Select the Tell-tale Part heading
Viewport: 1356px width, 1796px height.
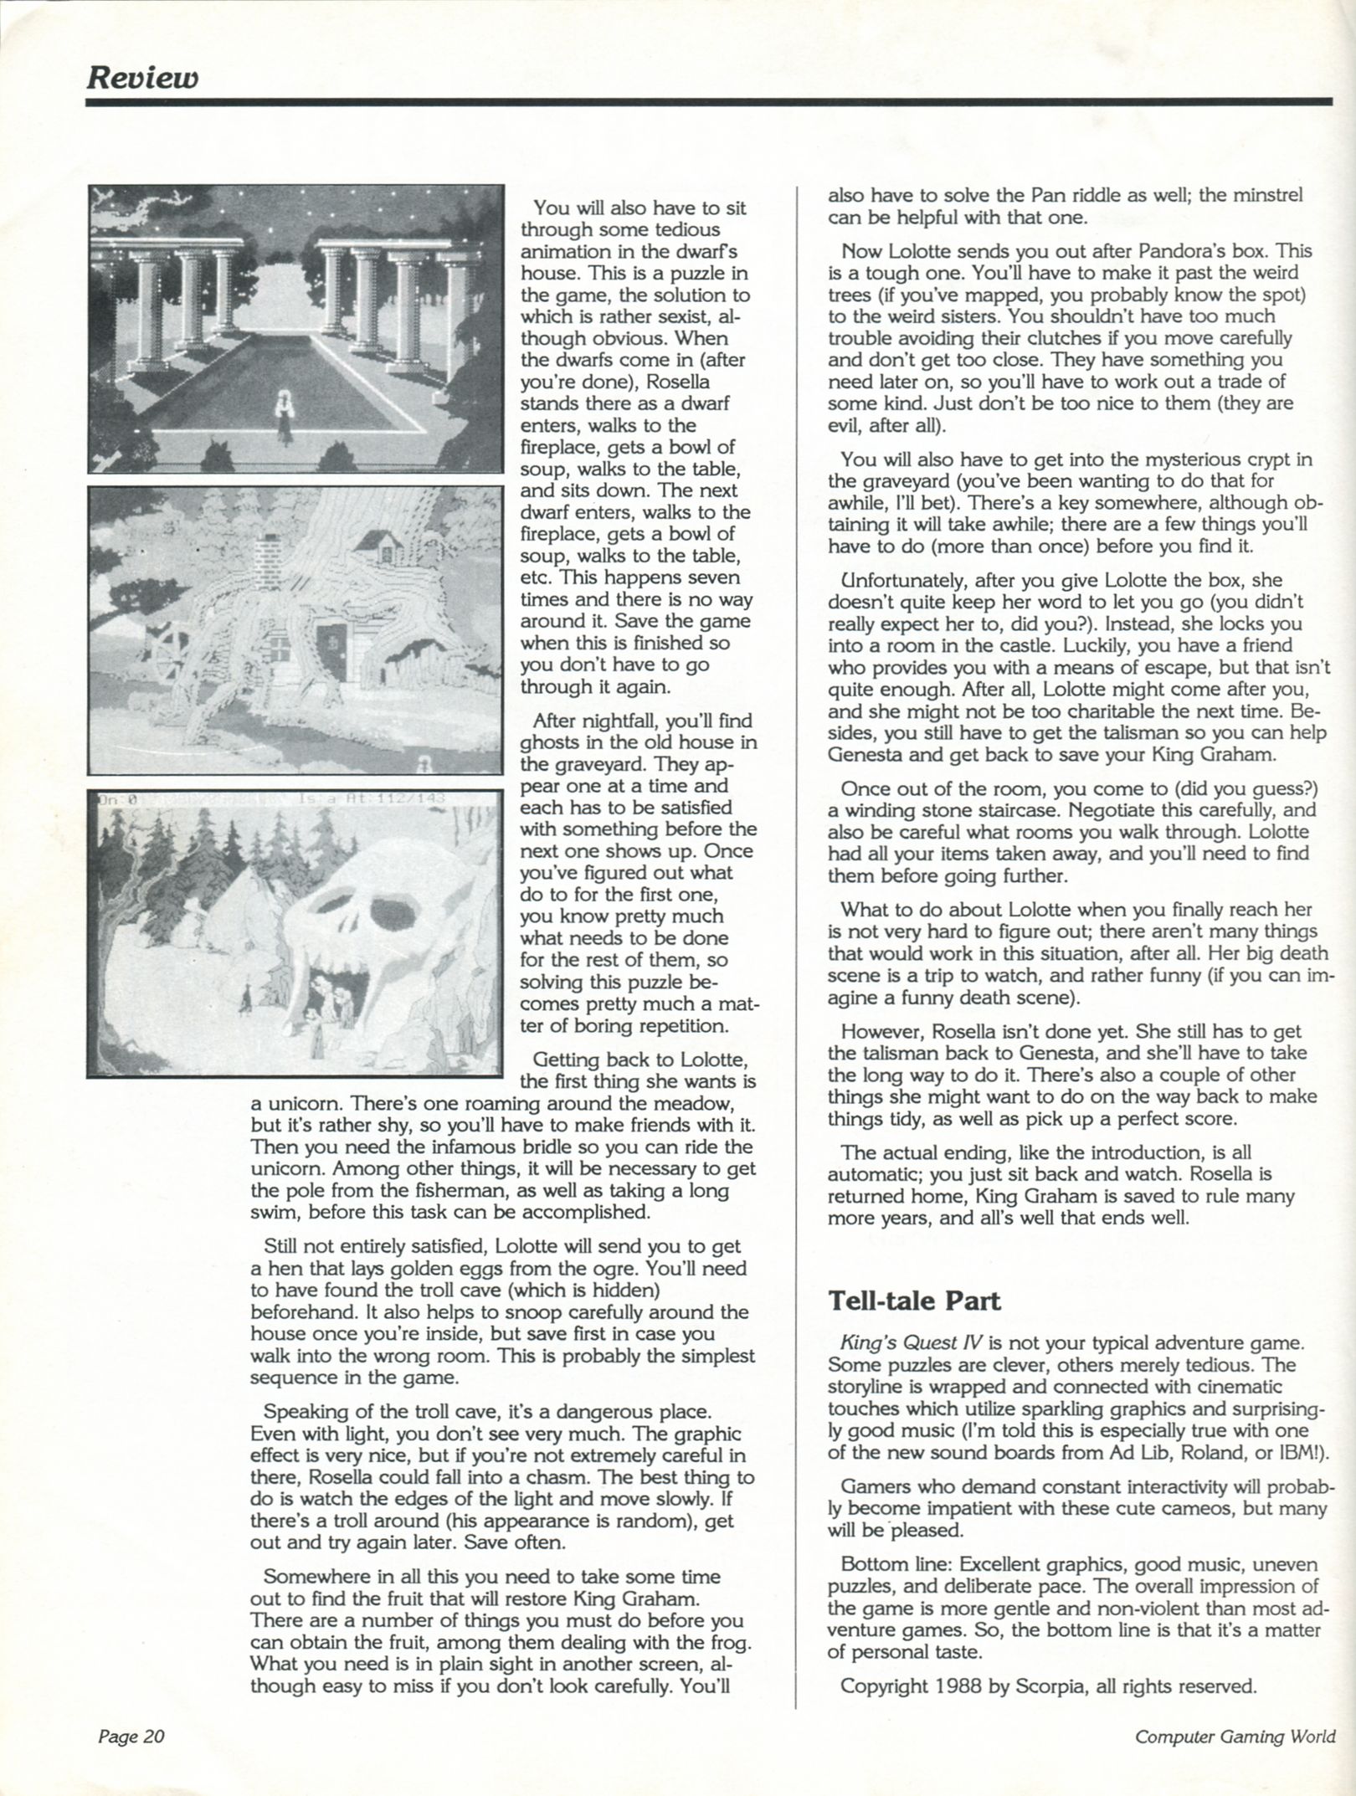click(x=914, y=1301)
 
